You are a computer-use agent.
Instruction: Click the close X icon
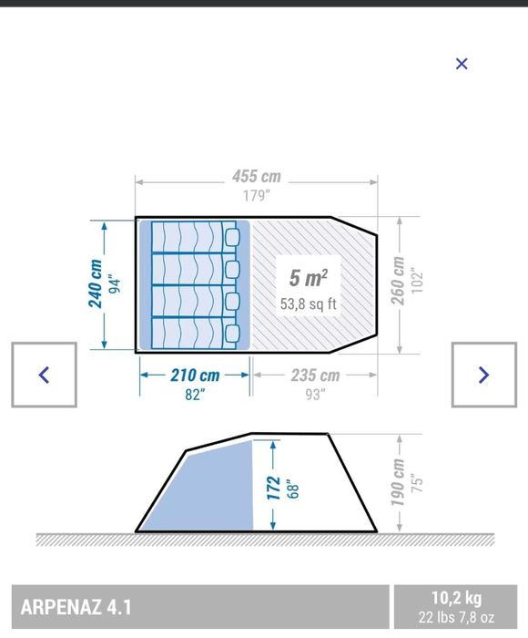coord(462,64)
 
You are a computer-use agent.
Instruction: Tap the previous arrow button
coord(44,375)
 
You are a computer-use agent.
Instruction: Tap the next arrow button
coord(484,375)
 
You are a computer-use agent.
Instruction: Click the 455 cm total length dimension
coord(257,177)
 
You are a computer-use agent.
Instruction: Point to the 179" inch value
coord(257,196)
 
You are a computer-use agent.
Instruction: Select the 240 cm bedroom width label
coord(96,283)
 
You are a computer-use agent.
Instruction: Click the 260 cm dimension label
coord(398,281)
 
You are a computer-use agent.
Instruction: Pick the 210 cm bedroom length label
coord(195,376)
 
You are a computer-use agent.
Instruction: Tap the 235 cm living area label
coord(315,376)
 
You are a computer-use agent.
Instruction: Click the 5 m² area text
coord(308,278)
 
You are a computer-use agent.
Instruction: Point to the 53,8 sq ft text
coord(308,304)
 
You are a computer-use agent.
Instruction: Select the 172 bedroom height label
coord(273,488)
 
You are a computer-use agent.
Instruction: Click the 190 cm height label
coord(398,482)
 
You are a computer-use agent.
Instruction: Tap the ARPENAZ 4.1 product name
coord(76,608)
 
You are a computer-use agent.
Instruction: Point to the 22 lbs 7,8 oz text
coord(456,617)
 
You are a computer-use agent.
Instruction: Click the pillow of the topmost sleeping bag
coord(232,237)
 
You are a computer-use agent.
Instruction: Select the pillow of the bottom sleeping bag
coord(232,334)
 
